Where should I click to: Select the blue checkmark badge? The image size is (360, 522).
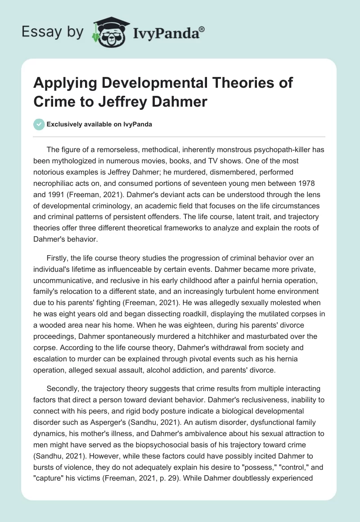(40, 124)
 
